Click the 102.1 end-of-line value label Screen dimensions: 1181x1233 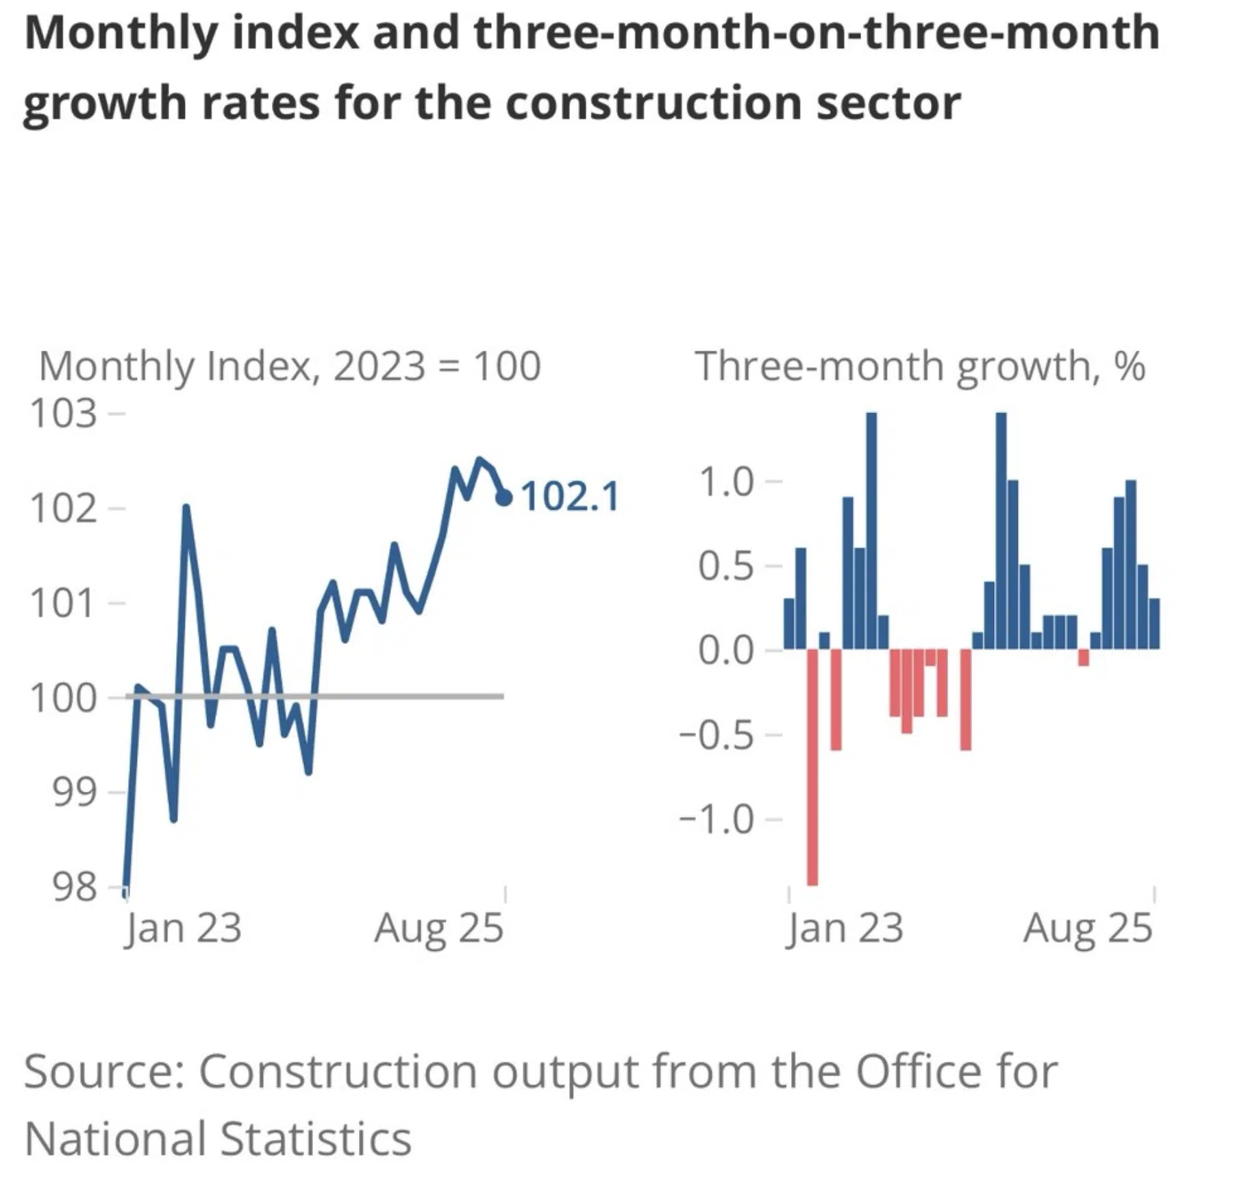click(x=570, y=497)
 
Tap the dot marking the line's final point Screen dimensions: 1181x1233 click(x=504, y=498)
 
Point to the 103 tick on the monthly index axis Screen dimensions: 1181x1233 click(x=63, y=414)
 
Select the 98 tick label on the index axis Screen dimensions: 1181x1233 click(x=74, y=887)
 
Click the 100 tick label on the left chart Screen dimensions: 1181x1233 click(x=63, y=698)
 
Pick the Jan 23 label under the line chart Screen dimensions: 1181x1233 click(x=183, y=929)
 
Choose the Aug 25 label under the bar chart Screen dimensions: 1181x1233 click(x=1088, y=929)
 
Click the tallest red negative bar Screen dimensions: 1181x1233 click(x=812, y=767)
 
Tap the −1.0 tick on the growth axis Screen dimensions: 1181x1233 click(x=717, y=819)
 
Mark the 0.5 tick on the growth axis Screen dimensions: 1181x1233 click(x=726, y=567)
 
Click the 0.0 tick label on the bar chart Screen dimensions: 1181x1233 click(x=726, y=650)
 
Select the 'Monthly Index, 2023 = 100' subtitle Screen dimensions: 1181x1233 click(x=290, y=366)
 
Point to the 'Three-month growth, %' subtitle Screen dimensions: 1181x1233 click(x=920, y=366)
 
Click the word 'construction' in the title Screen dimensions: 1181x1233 click(x=653, y=103)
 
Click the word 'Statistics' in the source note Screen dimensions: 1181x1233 click(x=316, y=1139)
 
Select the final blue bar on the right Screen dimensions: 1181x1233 click(x=1154, y=623)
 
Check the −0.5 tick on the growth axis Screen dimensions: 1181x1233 click(x=717, y=734)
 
